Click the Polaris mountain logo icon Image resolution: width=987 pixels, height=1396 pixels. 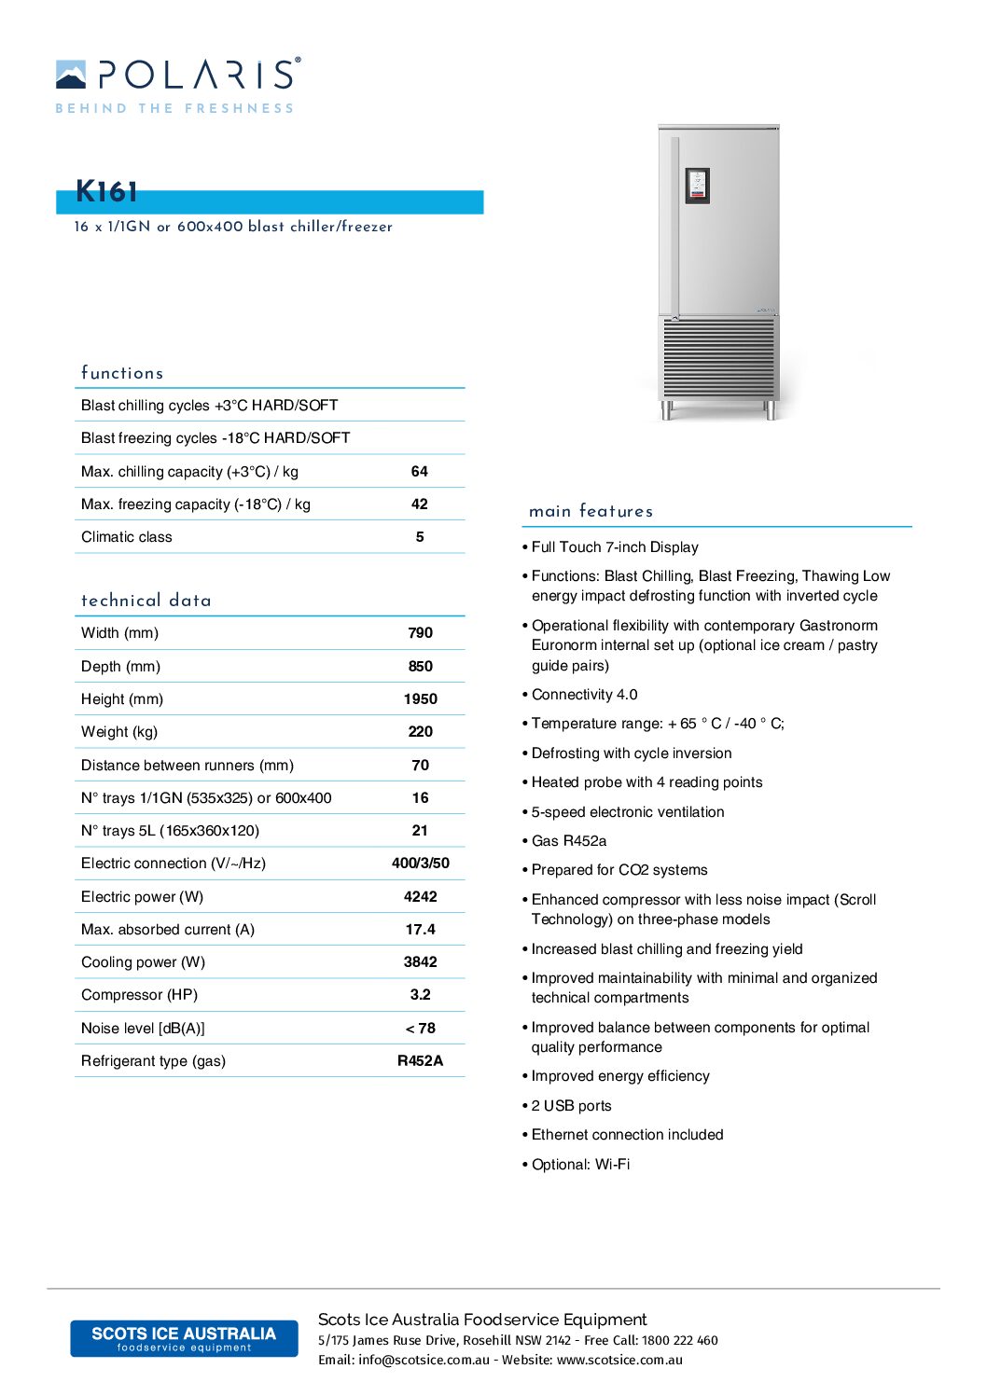click(x=71, y=75)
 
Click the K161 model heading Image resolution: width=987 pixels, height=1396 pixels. click(x=106, y=192)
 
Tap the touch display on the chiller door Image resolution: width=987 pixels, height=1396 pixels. click(x=697, y=185)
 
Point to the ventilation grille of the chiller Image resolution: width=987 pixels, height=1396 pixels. click(x=718, y=357)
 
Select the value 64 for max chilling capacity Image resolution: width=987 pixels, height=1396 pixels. click(x=420, y=472)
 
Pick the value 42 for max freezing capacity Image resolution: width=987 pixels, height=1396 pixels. click(x=420, y=504)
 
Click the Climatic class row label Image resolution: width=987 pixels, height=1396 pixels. click(x=127, y=537)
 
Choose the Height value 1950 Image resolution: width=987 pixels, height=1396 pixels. click(x=420, y=699)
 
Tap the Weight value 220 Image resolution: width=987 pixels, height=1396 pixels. click(x=420, y=732)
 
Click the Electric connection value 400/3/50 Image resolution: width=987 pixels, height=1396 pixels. click(x=420, y=864)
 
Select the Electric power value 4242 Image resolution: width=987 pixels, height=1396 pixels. click(x=420, y=897)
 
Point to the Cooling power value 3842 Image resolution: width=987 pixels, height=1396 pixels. click(x=420, y=962)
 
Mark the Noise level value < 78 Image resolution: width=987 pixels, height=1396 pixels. click(x=420, y=1029)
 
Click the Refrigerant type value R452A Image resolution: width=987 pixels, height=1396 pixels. click(x=420, y=1061)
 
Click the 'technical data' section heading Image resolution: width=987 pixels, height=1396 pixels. click(x=146, y=601)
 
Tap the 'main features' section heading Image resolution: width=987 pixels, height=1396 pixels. click(x=591, y=511)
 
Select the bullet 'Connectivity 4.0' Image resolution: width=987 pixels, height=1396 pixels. click(x=584, y=695)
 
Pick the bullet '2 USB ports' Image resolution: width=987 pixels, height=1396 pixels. click(x=571, y=1106)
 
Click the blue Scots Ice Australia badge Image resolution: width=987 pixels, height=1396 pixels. click(x=184, y=1338)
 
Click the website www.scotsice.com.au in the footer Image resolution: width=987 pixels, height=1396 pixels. click(x=619, y=1361)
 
